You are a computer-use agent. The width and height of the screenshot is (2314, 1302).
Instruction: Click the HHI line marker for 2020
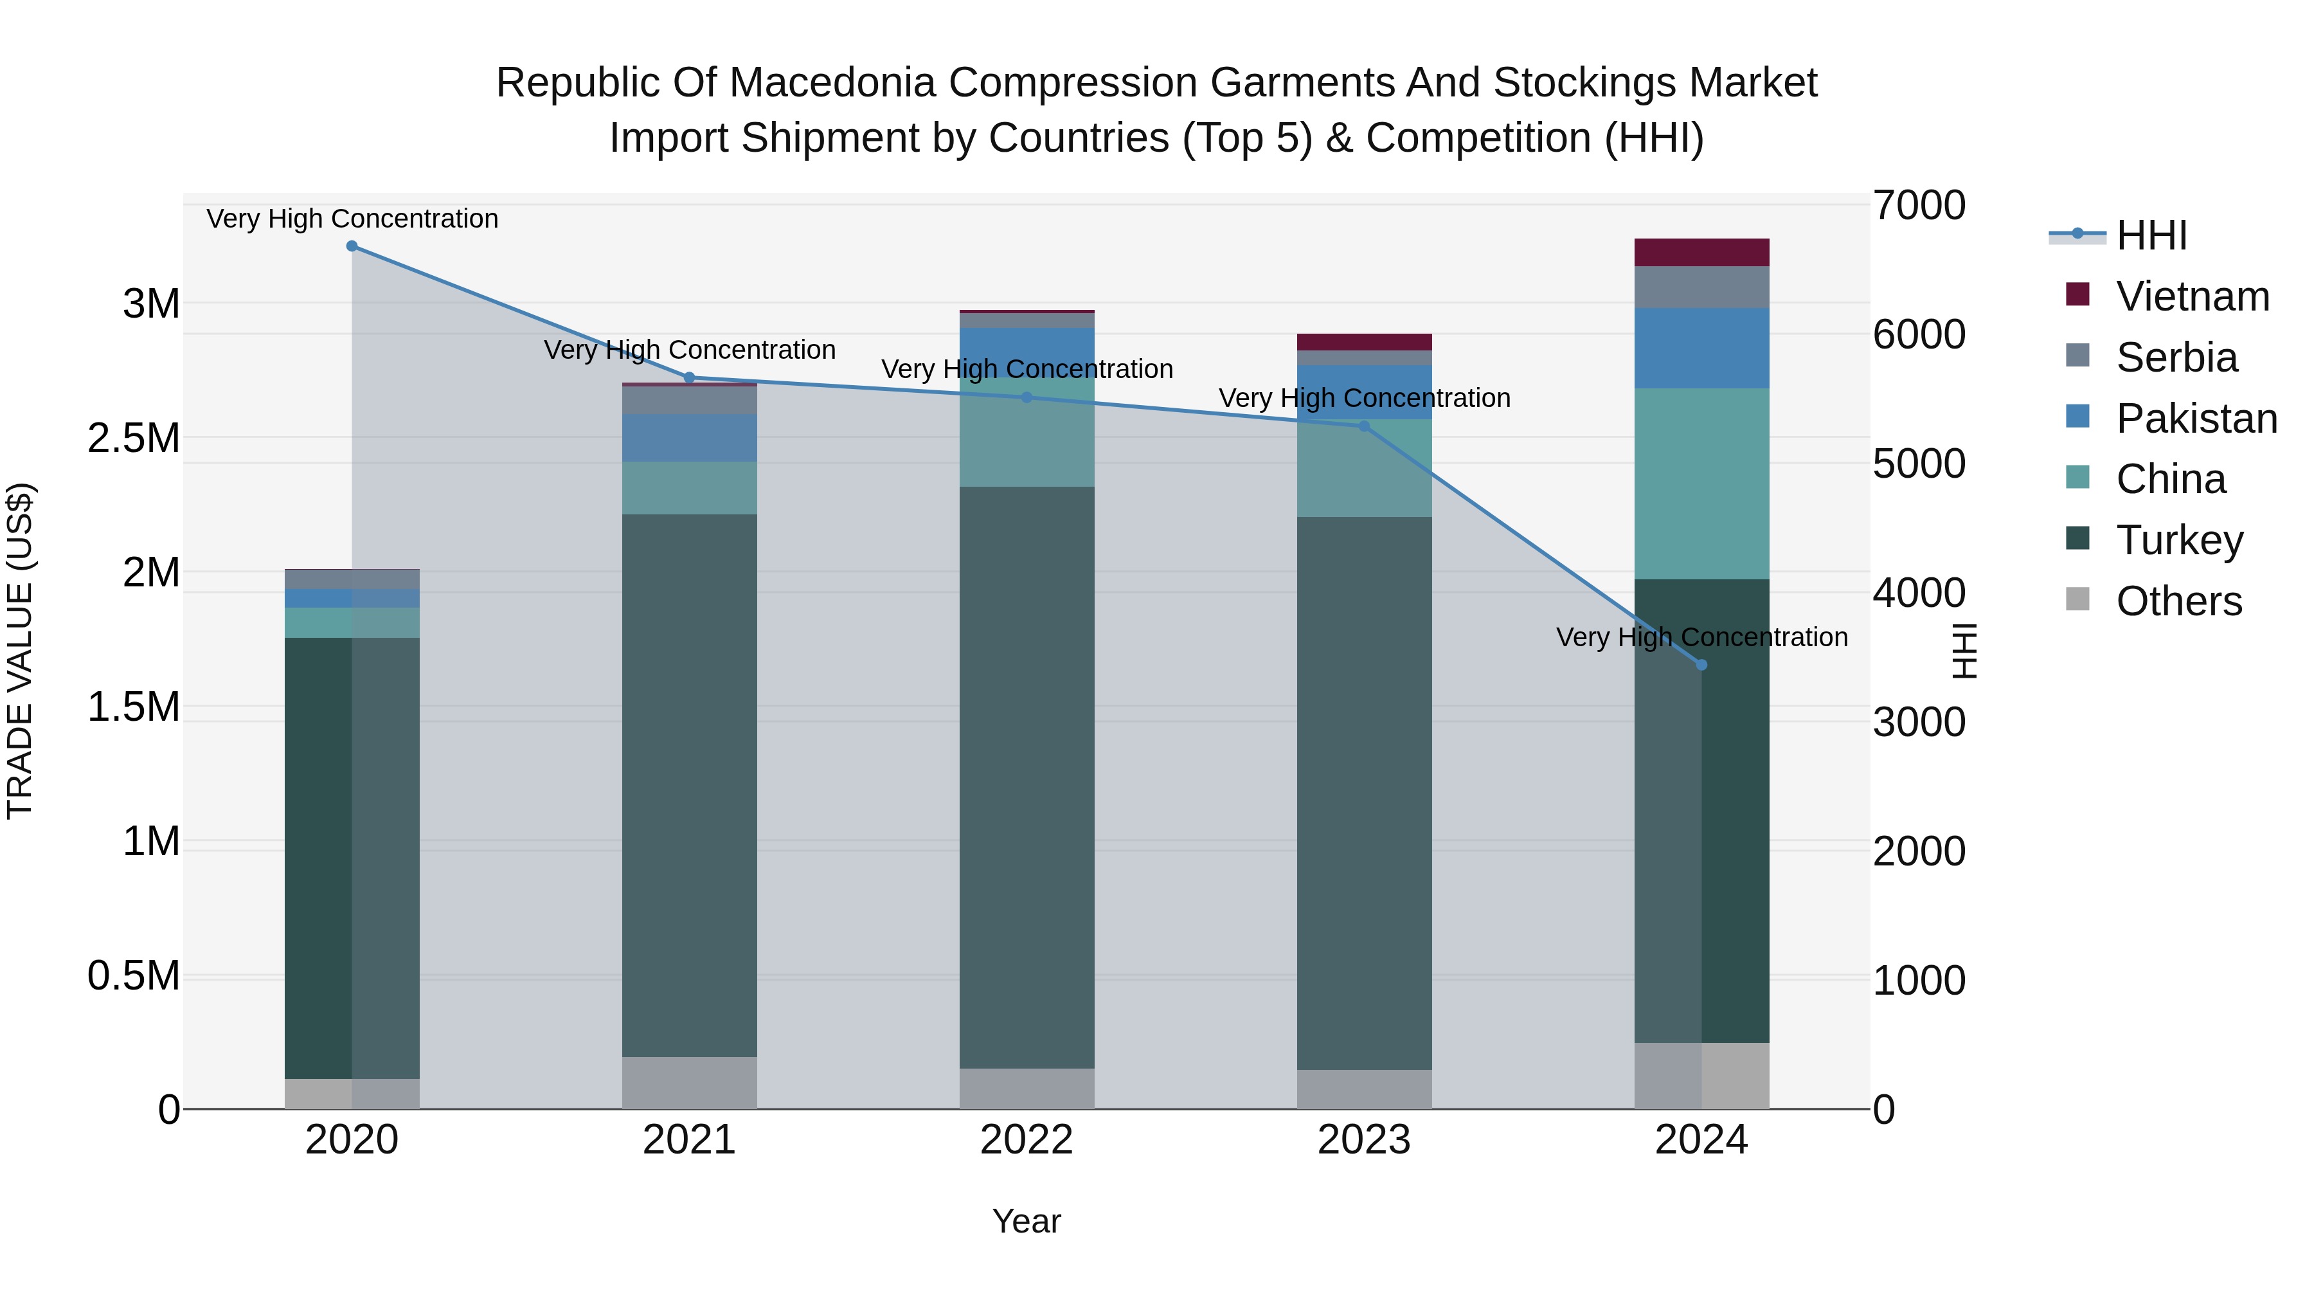coord(352,246)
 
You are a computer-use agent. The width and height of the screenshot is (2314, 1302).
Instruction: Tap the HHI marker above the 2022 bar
coord(1027,397)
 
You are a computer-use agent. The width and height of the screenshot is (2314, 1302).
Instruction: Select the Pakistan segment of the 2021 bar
coord(689,438)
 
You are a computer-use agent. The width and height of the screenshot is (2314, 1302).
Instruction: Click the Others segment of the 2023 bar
coord(1363,1089)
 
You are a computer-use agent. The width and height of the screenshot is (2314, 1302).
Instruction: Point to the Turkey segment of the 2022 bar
coord(1027,777)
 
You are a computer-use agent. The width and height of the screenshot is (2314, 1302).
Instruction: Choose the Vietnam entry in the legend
coord(2192,296)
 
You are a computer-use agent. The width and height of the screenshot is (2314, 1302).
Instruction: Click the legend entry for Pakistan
coord(2196,419)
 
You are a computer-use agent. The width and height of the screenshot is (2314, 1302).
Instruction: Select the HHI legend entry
coord(2151,235)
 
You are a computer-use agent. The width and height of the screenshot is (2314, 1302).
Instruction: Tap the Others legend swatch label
coord(2178,601)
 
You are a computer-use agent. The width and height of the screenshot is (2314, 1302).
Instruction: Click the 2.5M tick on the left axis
coord(134,439)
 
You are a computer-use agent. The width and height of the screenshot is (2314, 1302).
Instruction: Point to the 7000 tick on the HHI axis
coord(1919,205)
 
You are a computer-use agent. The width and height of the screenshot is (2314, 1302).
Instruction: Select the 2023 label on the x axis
coord(1363,1140)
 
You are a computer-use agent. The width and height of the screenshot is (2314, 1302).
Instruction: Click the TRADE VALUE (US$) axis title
coord(20,651)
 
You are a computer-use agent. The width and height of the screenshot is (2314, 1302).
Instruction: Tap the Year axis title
coord(1026,1221)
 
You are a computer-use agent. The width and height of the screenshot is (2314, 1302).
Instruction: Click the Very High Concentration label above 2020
coord(352,219)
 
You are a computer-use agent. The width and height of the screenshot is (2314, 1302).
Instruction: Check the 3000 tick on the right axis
coord(1919,723)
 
